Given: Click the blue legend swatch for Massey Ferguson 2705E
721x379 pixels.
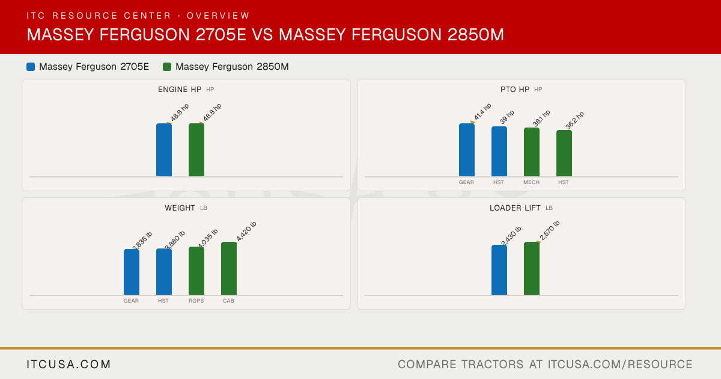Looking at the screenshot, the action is click(31, 67).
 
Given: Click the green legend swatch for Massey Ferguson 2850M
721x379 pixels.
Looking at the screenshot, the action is click(167, 67).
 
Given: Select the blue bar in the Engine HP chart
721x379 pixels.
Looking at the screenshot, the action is click(164, 150).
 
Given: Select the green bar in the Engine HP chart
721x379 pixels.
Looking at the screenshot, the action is click(196, 150).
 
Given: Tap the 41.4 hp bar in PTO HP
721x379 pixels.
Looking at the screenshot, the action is click(467, 150).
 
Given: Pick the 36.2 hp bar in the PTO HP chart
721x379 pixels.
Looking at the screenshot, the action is click(564, 153).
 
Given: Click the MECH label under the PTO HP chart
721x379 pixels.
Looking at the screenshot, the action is click(531, 182).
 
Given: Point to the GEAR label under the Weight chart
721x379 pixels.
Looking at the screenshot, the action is click(132, 301).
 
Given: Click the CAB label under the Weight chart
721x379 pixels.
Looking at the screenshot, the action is click(228, 301).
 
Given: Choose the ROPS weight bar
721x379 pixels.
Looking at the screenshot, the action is click(196, 271).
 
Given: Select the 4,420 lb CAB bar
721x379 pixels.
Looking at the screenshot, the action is click(229, 268).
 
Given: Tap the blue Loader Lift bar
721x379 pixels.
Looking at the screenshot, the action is click(499, 270).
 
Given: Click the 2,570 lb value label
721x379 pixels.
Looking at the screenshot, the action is click(549, 231).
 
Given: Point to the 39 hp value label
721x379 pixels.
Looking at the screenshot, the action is click(507, 117).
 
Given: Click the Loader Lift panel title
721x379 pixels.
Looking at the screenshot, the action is click(515, 208).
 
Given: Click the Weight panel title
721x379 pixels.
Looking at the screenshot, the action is click(180, 208).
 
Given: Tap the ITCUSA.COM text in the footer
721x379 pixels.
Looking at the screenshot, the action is click(68, 365).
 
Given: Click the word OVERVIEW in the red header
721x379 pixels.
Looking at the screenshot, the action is click(218, 16).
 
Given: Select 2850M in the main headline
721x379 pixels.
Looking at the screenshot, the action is click(476, 35).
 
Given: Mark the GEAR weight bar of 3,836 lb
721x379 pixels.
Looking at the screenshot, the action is click(132, 273).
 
